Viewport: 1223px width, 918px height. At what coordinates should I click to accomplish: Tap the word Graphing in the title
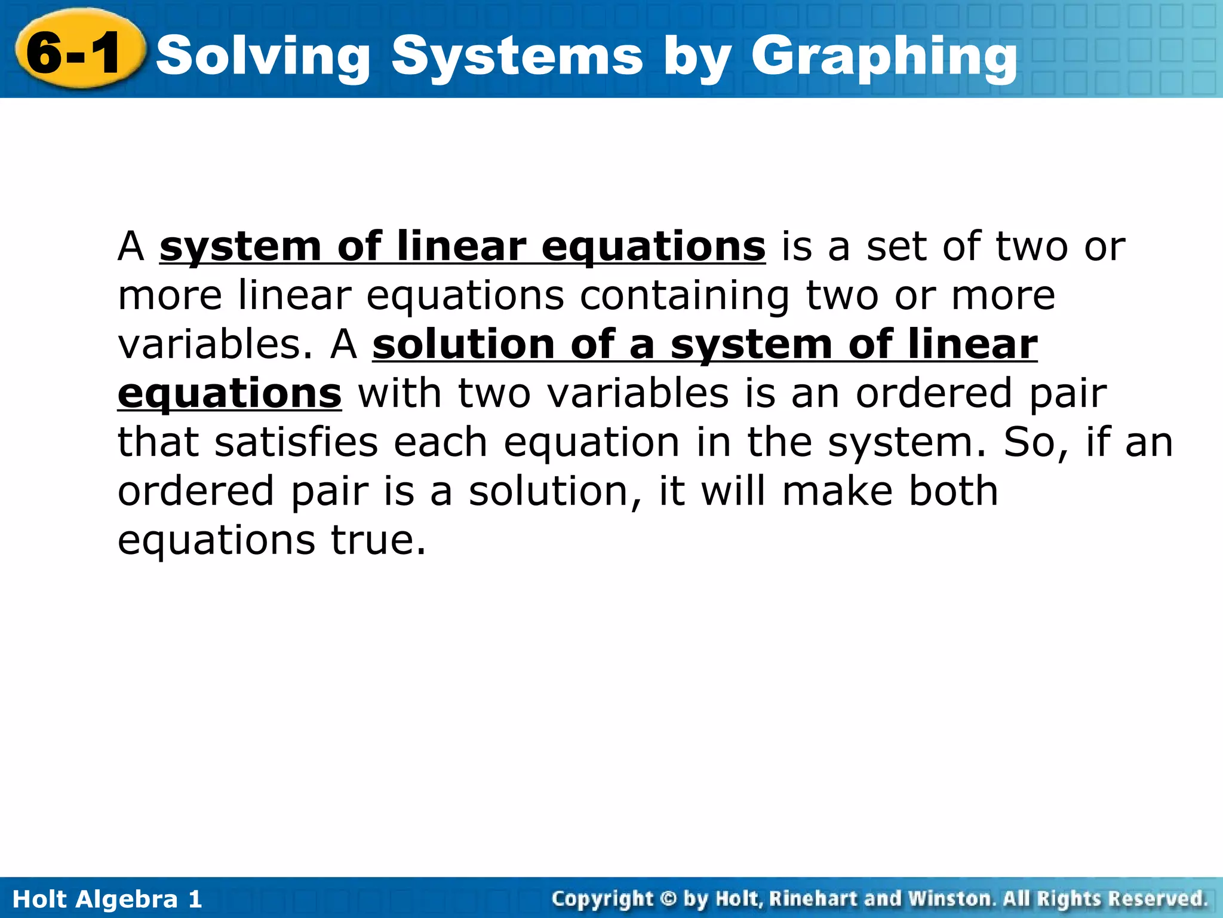coord(884,57)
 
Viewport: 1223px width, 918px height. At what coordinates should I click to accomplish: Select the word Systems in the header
coord(517,57)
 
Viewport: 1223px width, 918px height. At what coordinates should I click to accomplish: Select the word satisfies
coord(296,442)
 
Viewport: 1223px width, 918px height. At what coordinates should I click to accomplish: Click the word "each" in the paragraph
coord(436,442)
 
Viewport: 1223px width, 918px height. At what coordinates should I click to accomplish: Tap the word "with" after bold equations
coord(400,393)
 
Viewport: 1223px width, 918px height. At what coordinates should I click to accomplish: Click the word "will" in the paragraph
coord(734,491)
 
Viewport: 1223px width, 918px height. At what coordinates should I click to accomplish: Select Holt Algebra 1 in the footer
coord(107,899)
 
